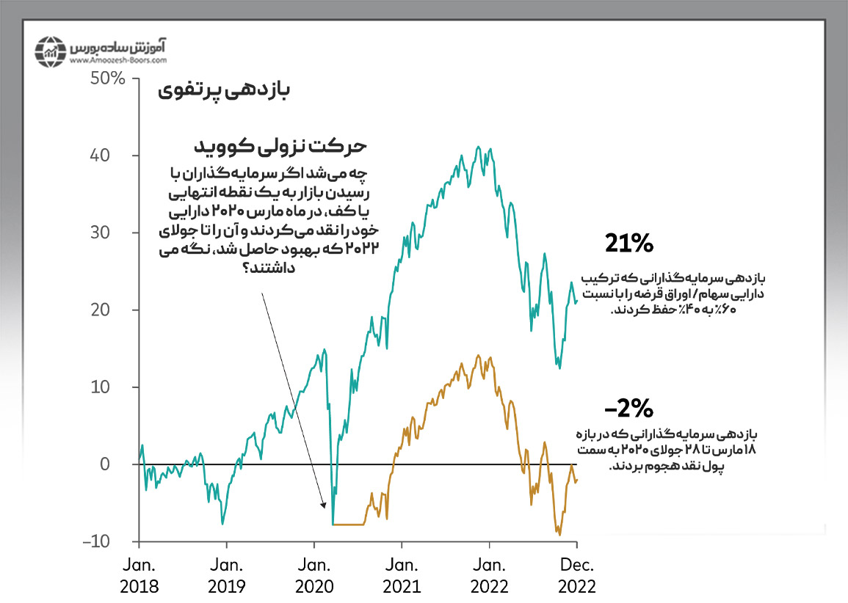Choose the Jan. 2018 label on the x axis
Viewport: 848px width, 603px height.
tap(139, 576)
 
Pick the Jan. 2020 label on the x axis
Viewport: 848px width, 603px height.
tap(314, 576)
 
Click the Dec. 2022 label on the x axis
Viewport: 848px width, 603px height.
tap(577, 576)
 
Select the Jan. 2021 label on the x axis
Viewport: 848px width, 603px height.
tap(402, 576)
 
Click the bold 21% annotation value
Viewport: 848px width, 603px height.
tap(628, 244)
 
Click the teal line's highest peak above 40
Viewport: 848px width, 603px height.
tap(478, 147)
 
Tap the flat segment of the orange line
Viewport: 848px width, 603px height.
tap(349, 525)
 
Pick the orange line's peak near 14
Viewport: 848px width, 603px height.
tap(479, 356)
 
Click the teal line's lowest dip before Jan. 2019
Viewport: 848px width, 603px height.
tap(222, 524)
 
